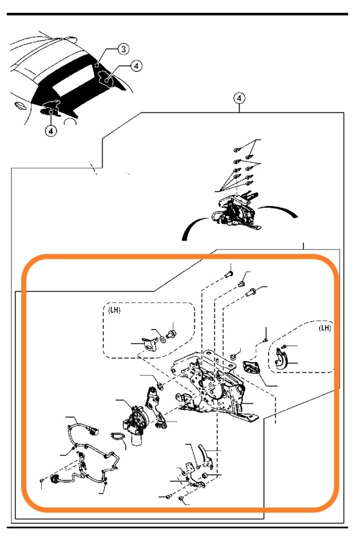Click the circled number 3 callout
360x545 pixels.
coord(123,49)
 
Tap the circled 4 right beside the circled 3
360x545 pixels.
coord(137,66)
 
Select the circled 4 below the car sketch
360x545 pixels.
coord(51,131)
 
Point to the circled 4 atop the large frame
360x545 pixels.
coord(239,98)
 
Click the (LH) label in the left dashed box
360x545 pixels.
coord(115,310)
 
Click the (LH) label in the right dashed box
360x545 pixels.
coord(325,328)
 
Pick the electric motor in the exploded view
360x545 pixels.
coord(136,425)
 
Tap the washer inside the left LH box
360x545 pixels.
coord(162,338)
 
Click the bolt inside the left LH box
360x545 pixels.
coord(171,335)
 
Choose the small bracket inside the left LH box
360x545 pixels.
coord(150,344)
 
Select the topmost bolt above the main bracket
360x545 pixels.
coord(229,275)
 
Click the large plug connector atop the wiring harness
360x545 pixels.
coord(93,431)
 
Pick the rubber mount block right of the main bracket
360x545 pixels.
coord(252,367)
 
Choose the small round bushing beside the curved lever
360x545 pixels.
coord(205,475)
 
